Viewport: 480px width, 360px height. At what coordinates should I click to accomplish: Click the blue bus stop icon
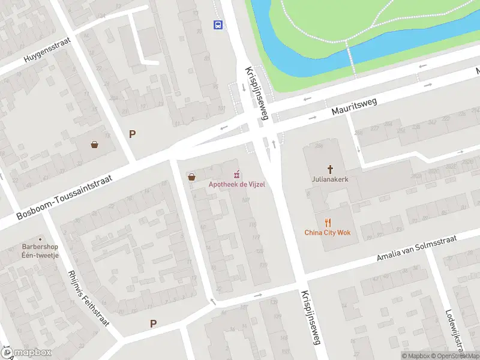pyautogui.click(x=218, y=25)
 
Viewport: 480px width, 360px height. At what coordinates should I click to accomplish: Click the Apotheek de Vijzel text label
pyautogui.click(x=236, y=184)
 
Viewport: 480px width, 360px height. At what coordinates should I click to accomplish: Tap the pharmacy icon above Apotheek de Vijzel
pyautogui.click(x=238, y=175)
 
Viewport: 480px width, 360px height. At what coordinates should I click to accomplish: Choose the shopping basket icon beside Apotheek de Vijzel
pyautogui.click(x=191, y=177)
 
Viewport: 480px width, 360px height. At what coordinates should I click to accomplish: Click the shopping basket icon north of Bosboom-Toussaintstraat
pyautogui.click(x=95, y=144)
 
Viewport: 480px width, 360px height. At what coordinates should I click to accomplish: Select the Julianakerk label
pyautogui.click(x=329, y=179)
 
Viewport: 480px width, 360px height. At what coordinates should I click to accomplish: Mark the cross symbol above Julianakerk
pyautogui.click(x=329, y=169)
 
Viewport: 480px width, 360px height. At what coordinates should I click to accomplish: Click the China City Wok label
pyautogui.click(x=327, y=233)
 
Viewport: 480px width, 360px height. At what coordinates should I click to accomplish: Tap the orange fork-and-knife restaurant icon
pyautogui.click(x=328, y=223)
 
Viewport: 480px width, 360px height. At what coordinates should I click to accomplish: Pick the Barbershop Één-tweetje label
pyautogui.click(x=40, y=251)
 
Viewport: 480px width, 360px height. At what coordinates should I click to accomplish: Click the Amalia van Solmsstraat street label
pyautogui.click(x=416, y=248)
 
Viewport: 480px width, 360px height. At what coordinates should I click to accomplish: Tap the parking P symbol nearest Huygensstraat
pyautogui.click(x=132, y=134)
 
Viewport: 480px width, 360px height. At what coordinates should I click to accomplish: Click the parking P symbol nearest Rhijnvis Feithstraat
pyautogui.click(x=153, y=323)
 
